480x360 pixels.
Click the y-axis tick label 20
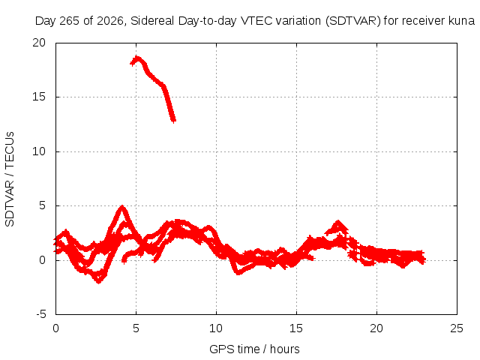click(39, 43)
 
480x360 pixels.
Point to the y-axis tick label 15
click(39, 97)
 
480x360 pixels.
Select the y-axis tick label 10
click(39, 151)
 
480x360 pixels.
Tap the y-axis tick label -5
click(41, 314)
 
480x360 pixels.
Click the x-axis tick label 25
click(457, 328)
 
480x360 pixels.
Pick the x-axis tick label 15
click(296, 328)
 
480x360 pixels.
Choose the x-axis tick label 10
click(216, 328)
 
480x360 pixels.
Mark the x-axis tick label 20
click(376, 328)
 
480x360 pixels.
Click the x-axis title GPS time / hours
click(254, 349)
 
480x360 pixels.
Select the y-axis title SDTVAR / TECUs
click(10, 179)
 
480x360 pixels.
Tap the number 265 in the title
click(70, 21)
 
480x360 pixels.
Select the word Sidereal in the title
click(152, 21)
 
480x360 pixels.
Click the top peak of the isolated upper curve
click(136, 58)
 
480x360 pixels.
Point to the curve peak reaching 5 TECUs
click(122, 206)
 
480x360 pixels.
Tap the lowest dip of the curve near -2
click(98, 282)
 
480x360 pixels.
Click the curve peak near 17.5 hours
click(338, 221)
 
